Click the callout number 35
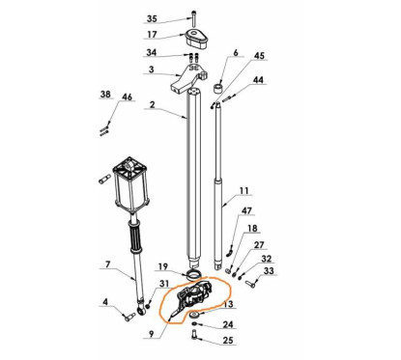152,19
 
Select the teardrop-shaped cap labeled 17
196,40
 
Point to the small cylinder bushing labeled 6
218,88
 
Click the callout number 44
258,80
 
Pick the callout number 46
127,97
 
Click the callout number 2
152,105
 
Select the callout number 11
244,191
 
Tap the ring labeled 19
194,276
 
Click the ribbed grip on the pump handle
136,237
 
